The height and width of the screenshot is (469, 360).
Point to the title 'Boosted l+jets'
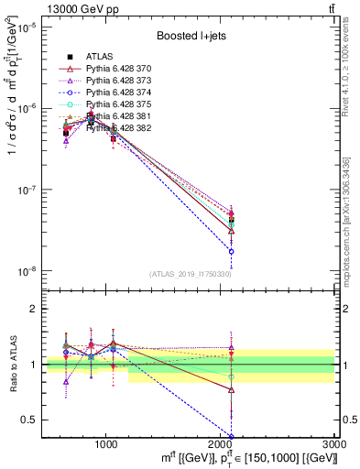click(x=188, y=37)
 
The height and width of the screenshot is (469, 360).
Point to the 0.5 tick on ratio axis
click(x=29, y=420)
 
